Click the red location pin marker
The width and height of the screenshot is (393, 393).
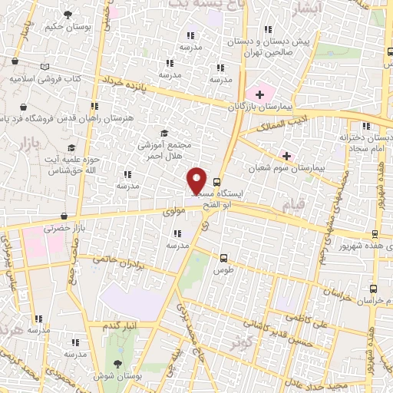click(x=197, y=180)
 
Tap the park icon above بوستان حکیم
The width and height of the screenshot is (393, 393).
click(x=70, y=15)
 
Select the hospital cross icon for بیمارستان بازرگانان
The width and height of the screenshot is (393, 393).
click(x=259, y=95)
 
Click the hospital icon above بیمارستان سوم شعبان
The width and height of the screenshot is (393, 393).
click(x=286, y=154)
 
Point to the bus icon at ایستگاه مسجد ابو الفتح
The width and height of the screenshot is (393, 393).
click(x=217, y=183)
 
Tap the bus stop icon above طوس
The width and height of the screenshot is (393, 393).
click(x=223, y=258)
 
